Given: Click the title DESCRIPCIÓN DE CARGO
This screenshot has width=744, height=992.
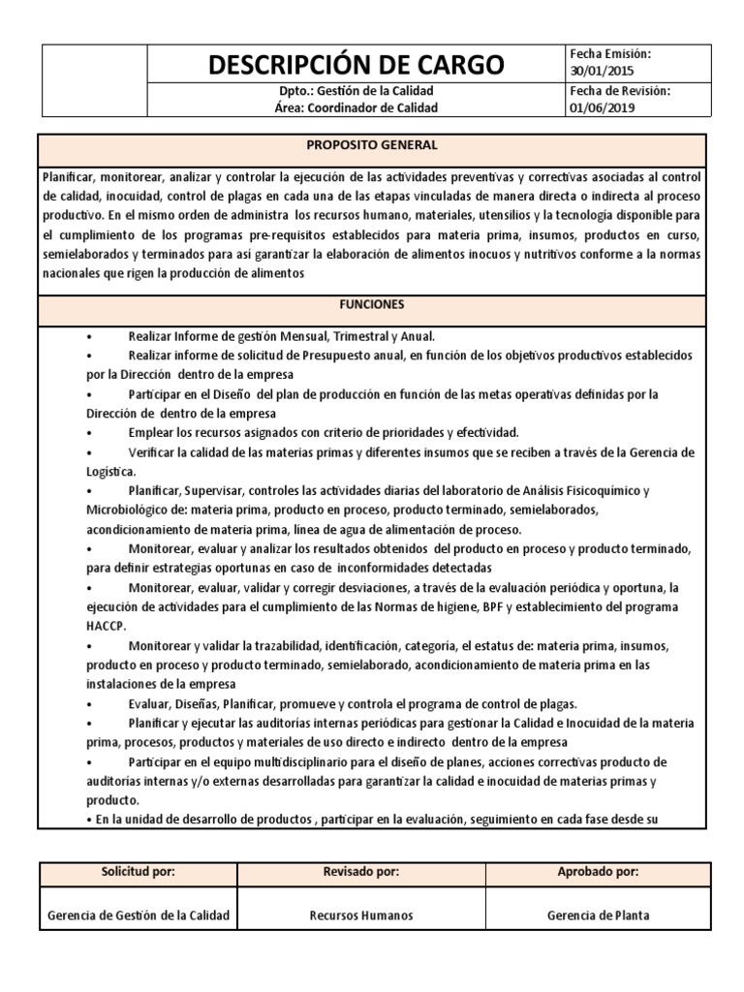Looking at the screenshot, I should click(357, 65).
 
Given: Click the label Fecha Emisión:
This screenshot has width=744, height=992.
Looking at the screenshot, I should click(610, 54).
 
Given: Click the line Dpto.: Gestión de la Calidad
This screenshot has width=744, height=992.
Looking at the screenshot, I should click(357, 91).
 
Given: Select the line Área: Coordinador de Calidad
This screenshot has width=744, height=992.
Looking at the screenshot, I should click(357, 108).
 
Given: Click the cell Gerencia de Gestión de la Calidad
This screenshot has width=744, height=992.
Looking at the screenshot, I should click(139, 915).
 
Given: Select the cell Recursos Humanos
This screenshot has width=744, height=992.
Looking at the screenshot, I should click(360, 915).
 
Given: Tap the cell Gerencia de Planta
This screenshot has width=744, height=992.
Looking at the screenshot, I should click(598, 915).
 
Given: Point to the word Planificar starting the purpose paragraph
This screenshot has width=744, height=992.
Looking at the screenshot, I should click(70, 177).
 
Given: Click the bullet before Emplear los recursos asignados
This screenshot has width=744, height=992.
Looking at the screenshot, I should click(89, 432).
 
